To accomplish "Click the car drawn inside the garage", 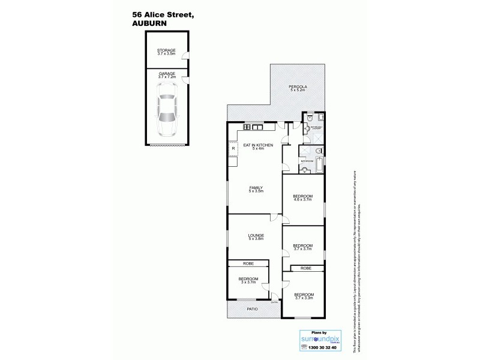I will (166, 109).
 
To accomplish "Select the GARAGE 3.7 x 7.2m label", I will (166, 75).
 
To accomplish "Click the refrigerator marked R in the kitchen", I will (233, 148).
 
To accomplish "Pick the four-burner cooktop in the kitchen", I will (246, 127).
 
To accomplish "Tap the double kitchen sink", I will (258, 127).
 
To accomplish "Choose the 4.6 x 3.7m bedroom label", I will (303, 199).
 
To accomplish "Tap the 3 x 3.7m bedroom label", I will (248, 281).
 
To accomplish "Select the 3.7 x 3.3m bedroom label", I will (303, 297).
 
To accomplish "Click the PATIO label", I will (252, 309).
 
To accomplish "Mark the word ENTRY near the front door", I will (275, 302).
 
